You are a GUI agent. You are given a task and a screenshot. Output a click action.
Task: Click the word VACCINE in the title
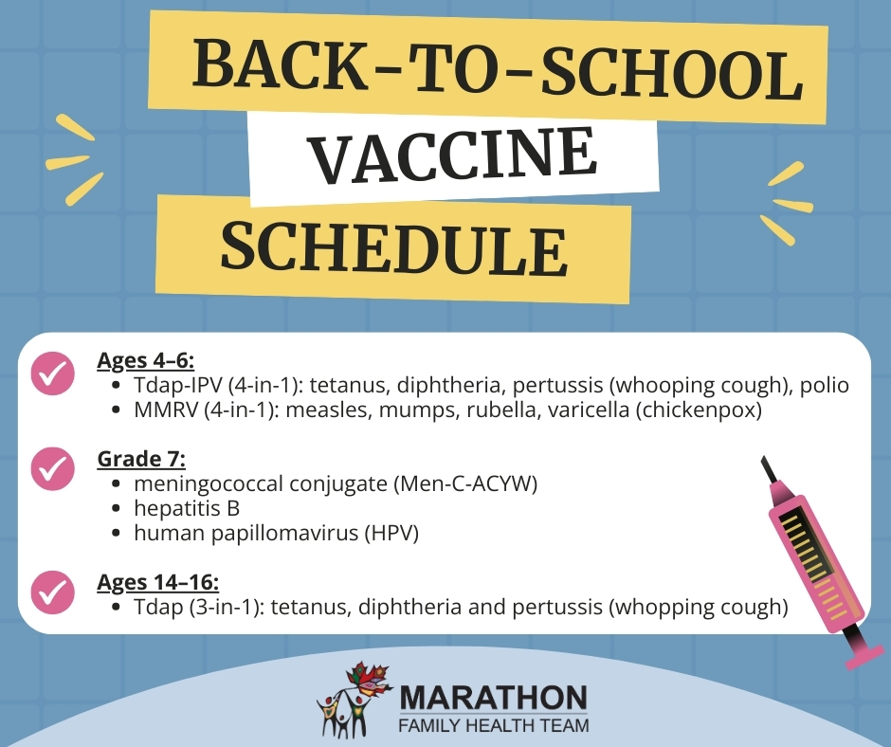click(454, 155)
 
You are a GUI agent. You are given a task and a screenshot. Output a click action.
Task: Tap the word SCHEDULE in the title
click(393, 248)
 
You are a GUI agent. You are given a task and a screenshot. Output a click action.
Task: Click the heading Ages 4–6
click(145, 360)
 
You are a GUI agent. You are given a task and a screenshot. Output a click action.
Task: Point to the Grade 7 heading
click(141, 459)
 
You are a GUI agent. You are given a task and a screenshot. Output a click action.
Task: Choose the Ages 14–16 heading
click(158, 582)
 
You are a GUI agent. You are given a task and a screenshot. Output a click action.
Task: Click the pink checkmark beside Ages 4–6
click(53, 373)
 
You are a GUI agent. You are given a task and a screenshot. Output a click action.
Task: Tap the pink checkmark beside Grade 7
click(53, 468)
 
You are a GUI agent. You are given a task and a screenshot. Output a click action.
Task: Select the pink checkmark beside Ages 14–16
click(53, 592)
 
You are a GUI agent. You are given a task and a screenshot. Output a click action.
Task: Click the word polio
click(825, 386)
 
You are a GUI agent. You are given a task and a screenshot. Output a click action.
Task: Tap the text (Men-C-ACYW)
click(464, 483)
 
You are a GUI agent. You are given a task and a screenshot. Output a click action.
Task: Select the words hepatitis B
click(187, 508)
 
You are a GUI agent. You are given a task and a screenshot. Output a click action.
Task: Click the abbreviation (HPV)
click(391, 534)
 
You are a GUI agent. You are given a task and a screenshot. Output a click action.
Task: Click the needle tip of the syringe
click(763, 458)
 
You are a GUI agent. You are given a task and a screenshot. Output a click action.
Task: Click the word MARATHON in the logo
click(494, 698)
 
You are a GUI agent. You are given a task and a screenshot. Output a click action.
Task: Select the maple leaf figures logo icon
click(354, 700)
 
